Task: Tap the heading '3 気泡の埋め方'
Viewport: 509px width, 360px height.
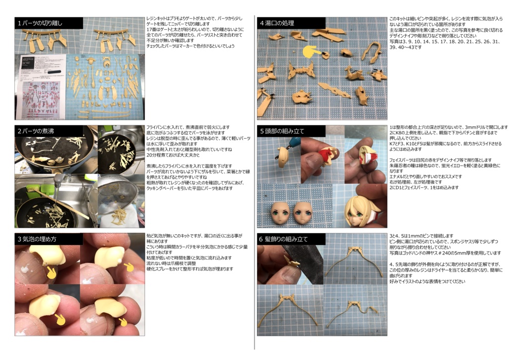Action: (37, 239)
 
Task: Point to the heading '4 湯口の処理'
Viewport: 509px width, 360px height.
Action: (277, 23)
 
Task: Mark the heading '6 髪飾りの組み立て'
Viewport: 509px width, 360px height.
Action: (283, 239)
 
